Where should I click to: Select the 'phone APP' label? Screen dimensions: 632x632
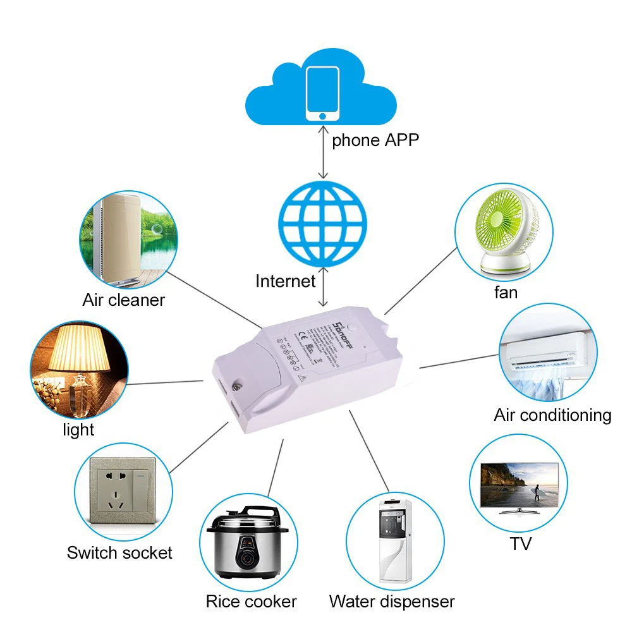click(375, 140)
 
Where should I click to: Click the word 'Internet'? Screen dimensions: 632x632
click(285, 281)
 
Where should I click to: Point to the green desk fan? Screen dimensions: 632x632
click(504, 234)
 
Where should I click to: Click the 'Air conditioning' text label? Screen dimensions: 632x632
click(552, 415)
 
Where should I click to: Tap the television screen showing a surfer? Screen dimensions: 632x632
click(520, 484)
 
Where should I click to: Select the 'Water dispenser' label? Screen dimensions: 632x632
click(391, 601)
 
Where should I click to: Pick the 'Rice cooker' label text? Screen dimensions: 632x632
click(251, 601)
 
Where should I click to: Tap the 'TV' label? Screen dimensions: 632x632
click(521, 544)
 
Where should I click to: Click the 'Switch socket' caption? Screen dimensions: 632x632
click(119, 553)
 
